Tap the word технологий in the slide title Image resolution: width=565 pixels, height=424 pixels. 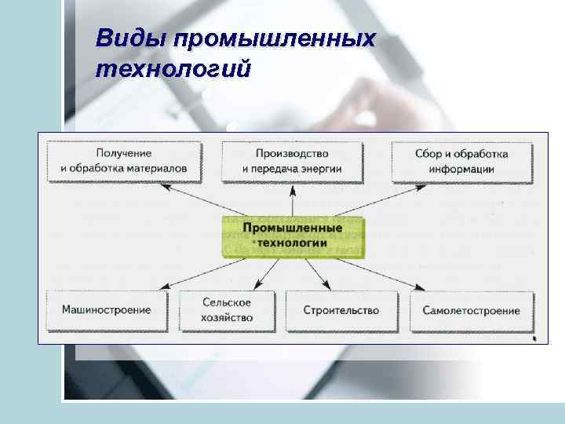coord(173,68)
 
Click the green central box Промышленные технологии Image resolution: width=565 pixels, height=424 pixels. coord(293,236)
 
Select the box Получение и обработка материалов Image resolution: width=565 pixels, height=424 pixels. coord(123,161)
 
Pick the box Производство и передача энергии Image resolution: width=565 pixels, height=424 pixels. coord(292,161)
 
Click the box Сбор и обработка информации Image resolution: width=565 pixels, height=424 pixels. coord(461,161)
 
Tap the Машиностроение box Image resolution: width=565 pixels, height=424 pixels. coord(107,310)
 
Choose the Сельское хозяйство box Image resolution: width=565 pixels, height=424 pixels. coord(228,310)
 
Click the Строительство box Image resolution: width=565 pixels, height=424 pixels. coord(341,310)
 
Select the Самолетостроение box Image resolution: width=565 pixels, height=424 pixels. coord(471,310)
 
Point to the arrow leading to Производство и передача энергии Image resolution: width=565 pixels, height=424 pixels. coord(293,200)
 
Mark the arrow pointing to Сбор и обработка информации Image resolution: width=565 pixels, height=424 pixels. coord(400,197)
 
